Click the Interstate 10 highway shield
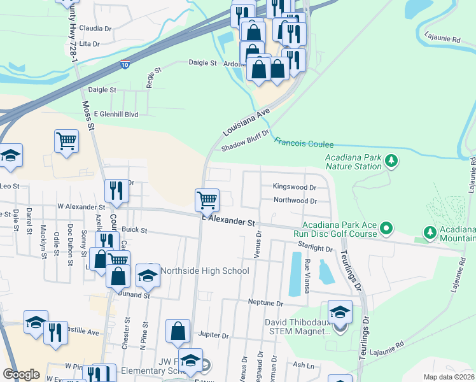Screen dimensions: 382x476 coord(125,65)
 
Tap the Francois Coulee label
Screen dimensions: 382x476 coord(304,145)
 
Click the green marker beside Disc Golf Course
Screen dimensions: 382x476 coord(386,228)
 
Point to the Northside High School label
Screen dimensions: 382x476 coord(204,271)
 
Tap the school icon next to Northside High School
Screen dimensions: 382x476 coord(148,275)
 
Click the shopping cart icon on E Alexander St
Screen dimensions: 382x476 coord(207,200)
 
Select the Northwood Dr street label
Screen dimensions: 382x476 coord(295,201)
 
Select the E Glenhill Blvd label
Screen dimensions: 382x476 coord(116,114)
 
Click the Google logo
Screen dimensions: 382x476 coord(21,374)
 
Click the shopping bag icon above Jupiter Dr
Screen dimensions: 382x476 coord(178,331)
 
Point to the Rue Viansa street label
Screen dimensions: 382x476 coord(307,278)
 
